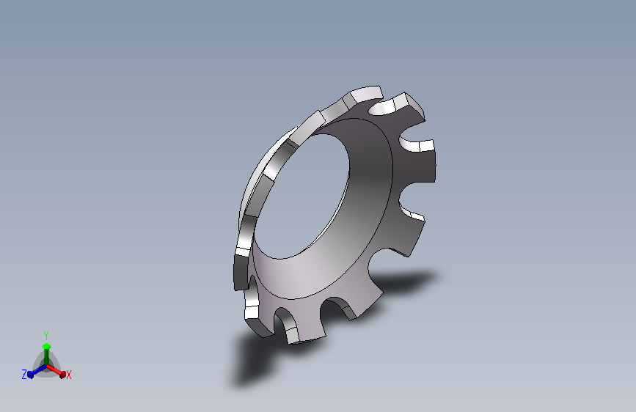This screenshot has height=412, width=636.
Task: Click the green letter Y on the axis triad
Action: (46, 336)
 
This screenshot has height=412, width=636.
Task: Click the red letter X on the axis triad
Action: (68, 375)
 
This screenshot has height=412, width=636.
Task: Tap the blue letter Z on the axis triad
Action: (24, 375)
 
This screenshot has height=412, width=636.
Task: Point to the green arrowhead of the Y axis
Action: (46, 346)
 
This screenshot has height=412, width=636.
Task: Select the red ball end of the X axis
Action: (62, 375)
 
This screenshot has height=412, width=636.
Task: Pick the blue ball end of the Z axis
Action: (30, 375)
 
